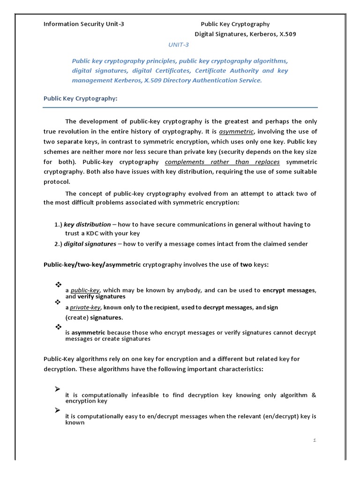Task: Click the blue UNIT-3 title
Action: [x=179, y=45]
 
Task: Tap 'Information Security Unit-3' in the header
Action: [x=84, y=24]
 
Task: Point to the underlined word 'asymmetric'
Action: [x=236, y=132]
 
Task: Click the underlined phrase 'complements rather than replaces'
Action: [x=222, y=162]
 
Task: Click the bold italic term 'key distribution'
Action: [x=87, y=225]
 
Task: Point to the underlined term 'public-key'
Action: [x=86, y=291]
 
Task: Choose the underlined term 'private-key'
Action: [x=86, y=308]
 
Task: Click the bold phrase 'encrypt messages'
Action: [x=289, y=291]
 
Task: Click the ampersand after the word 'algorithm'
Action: [x=313, y=395]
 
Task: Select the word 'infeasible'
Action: [x=140, y=395]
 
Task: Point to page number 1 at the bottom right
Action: [x=315, y=440]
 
